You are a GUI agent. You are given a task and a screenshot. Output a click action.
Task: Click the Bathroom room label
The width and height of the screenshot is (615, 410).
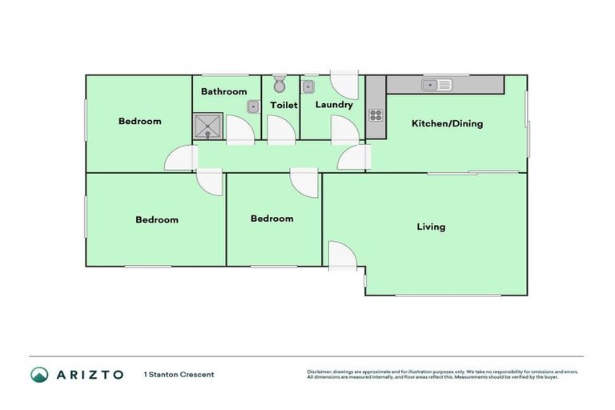click(223, 91)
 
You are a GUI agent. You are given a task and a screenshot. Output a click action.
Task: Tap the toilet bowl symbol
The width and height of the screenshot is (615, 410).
click(279, 84)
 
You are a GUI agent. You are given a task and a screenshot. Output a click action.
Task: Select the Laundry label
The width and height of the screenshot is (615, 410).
click(334, 105)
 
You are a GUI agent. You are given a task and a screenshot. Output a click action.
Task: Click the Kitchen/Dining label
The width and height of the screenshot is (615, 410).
click(447, 123)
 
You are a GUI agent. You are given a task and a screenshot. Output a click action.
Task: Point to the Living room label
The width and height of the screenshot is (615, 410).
click(431, 227)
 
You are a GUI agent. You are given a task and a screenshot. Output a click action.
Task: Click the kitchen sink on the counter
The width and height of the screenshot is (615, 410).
click(437, 84)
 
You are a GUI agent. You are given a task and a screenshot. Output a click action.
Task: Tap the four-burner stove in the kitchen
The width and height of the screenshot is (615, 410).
click(376, 114)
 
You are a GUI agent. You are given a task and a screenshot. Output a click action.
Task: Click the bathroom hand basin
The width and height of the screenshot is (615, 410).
click(252, 105)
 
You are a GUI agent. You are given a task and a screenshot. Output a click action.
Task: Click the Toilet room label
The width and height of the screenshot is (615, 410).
click(283, 105)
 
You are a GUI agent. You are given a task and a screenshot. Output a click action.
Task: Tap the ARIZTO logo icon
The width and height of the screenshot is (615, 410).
click(39, 374)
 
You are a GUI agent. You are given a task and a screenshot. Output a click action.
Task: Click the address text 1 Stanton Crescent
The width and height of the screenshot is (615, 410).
click(179, 374)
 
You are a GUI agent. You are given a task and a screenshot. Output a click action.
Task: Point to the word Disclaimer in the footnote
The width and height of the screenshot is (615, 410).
click(319, 372)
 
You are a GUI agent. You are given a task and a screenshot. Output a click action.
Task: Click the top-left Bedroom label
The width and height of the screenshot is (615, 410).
click(140, 122)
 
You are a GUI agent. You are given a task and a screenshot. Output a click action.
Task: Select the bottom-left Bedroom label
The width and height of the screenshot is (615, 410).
click(157, 219)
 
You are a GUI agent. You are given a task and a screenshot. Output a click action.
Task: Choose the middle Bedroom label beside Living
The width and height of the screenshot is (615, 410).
click(271, 219)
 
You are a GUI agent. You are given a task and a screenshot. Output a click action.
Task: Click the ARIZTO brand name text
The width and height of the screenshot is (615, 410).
click(90, 374)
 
